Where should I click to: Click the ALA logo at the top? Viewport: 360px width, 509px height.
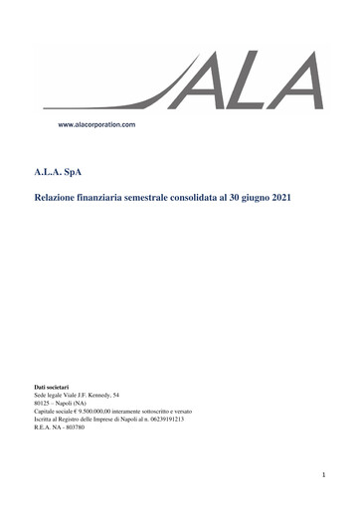tap(249, 81)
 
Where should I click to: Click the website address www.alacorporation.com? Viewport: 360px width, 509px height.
tap(96, 125)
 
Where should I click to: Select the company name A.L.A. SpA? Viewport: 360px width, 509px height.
tap(59, 172)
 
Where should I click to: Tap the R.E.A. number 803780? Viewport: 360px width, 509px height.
tap(74, 427)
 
